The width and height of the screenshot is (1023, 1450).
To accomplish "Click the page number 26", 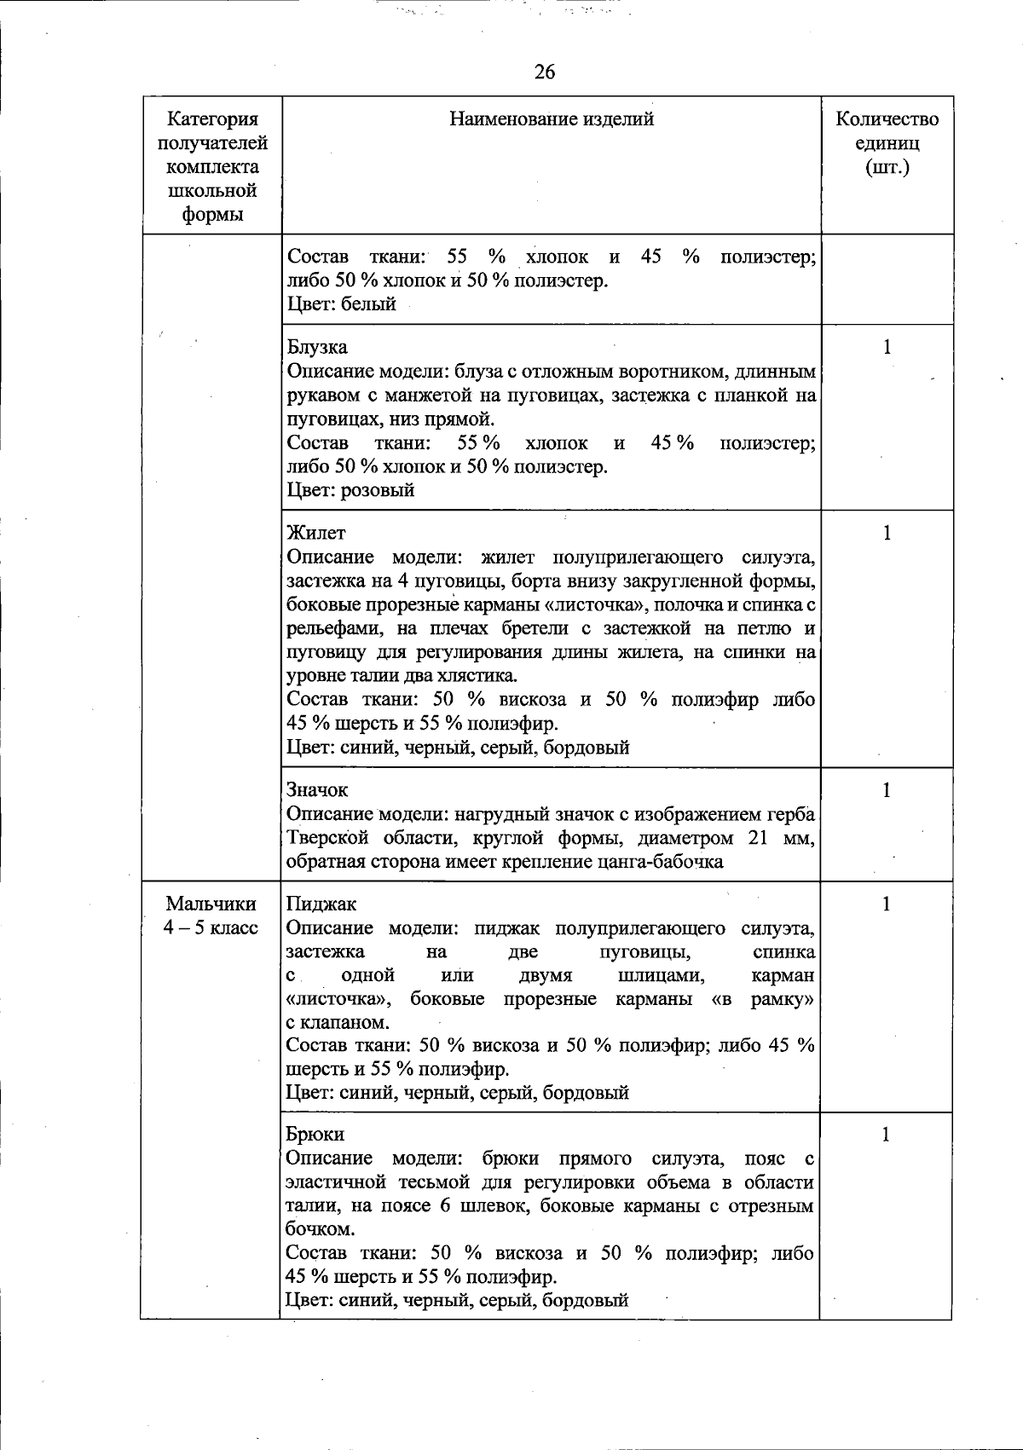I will pyautogui.click(x=545, y=72).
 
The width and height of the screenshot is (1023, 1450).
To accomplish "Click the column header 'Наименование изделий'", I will pyautogui.click(x=552, y=119).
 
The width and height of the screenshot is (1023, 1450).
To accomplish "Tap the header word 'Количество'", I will pyautogui.click(x=887, y=119).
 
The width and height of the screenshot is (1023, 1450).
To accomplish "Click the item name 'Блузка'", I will pyautogui.click(x=317, y=347).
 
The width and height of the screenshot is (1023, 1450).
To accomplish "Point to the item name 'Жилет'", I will pyautogui.click(x=316, y=533).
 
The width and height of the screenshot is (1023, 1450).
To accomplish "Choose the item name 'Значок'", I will pyautogui.click(x=318, y=790).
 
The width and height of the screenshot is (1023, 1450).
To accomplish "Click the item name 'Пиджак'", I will pyautogui.click(x=321, y=904).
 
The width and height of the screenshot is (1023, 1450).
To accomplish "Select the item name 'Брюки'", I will pyautogui.click(x=315, y=1135).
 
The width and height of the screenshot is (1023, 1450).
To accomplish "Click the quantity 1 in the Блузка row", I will pyautogui.click(x=887, y=347).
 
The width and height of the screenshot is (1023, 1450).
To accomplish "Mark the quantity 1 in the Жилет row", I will pyautogui.click(x=887, y=533).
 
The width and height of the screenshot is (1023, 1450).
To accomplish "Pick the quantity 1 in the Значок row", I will pyautogui.click(x=887, y=790).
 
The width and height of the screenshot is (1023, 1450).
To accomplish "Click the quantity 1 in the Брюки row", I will pyautogui.click(x=887, y=1135).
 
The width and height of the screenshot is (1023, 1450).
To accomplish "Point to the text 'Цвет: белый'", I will pyautogui.click(x=342, y=304).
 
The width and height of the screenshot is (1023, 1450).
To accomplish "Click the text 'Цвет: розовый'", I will pyautogui.click(x=350, y=490).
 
